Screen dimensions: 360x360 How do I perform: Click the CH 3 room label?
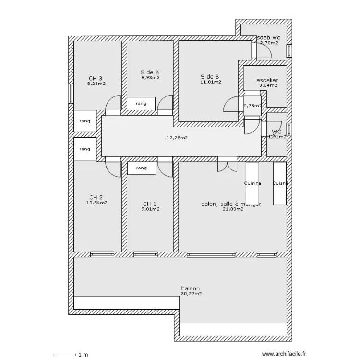point(96,79)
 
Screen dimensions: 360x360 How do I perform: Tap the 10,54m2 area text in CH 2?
point(96,203)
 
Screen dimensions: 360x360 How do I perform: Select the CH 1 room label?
point(150,204)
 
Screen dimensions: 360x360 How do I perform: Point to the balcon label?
point(191,288)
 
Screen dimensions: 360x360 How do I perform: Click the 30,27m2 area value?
point(192,294)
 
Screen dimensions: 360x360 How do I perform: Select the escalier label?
point(267,80)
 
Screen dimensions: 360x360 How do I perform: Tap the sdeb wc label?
point(269,37)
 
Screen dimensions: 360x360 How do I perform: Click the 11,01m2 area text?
point(211,82)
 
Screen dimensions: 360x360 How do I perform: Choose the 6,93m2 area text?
point(150,77)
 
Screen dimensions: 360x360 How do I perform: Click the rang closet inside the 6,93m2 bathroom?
point(141,103)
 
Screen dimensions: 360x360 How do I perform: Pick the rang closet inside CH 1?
point(141,168)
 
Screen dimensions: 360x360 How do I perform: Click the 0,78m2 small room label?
point(252,106)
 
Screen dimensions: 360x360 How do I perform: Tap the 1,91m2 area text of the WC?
point(276,137)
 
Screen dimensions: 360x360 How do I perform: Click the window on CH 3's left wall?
point(71,94)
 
